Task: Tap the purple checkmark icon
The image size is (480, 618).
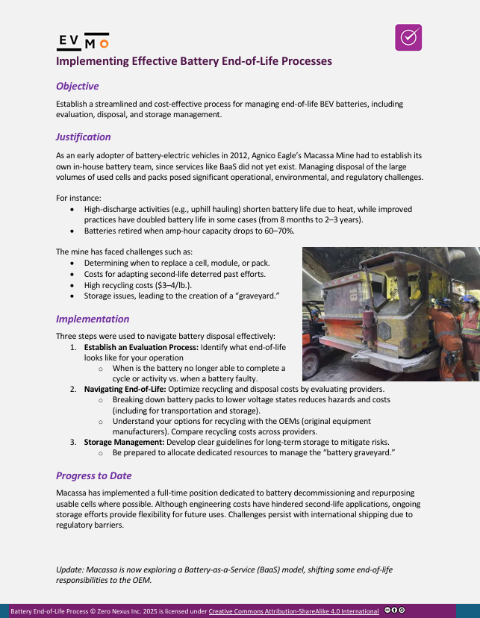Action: coord(408,37)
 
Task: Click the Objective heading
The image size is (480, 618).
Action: coord(77,86)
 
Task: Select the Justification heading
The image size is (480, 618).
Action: coord(83,137)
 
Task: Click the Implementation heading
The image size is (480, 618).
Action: coord(93,319)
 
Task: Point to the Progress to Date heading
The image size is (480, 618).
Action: coord(95,475)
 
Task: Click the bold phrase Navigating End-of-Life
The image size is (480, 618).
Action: coord(128,390)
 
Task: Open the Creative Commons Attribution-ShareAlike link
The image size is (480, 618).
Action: coord(293,611)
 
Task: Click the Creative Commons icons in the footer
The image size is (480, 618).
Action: coord(395,611)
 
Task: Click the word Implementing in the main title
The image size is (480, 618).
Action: coord(93,61)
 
